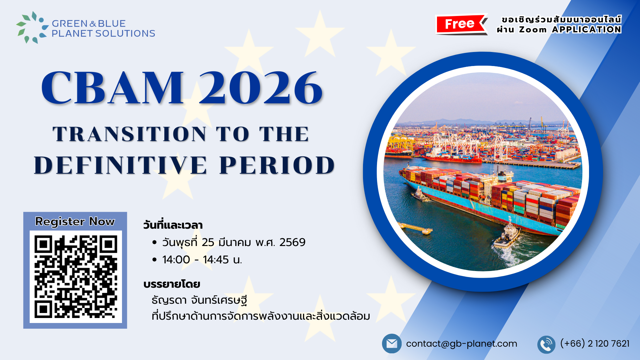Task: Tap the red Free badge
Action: [460, 24]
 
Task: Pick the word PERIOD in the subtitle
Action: [277, 165]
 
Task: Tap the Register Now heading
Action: [75, 222]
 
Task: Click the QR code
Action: [76, 277]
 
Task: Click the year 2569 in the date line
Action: [292, 242]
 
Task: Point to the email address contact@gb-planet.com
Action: [461, 344]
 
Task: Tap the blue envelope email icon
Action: [392, 344]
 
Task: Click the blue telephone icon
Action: [546, 344]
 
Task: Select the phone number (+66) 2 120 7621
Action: [595, 344]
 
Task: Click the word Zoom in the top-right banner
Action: [533, 30]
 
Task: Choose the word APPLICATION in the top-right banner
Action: [587, 30]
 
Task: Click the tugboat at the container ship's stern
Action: [506, 235]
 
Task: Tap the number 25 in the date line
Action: [208, 242]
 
